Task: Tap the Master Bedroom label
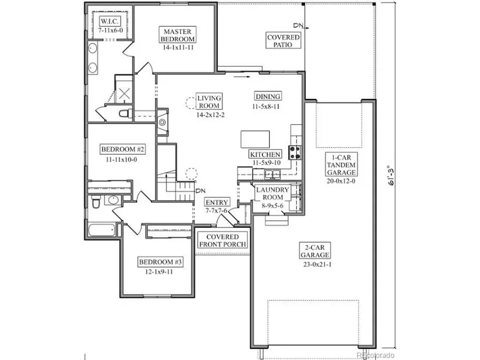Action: (177, 35)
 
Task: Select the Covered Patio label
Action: (283, 41)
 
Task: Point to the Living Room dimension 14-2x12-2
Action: (210, 115)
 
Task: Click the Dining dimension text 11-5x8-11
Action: (266, 106)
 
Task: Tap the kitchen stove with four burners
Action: (295, 152)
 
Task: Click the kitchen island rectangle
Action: (255, 139)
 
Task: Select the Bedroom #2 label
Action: (122, 149)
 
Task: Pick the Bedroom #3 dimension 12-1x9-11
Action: (159, 272)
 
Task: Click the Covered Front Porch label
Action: (223, 240)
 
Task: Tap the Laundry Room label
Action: (272, 194)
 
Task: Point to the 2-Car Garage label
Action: (315, 251)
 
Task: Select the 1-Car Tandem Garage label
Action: (341, 165)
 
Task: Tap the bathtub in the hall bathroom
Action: (102, 230)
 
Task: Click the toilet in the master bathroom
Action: (126, 113)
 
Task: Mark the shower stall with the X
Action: (124, 94)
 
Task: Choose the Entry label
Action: (217, 202)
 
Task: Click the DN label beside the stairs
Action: (201, 191)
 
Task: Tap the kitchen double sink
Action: (272, 174)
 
